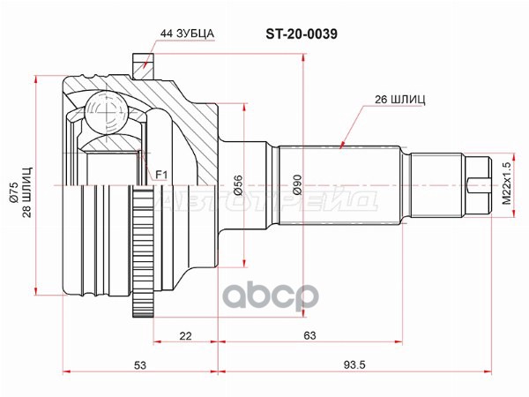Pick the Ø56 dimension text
click(x=238, y=185)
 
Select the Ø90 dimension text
click(x=297, y=185)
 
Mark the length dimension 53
click(x=140, y=364)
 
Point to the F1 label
click(x=161, y=175)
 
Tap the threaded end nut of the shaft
click(x=477, y=185)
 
